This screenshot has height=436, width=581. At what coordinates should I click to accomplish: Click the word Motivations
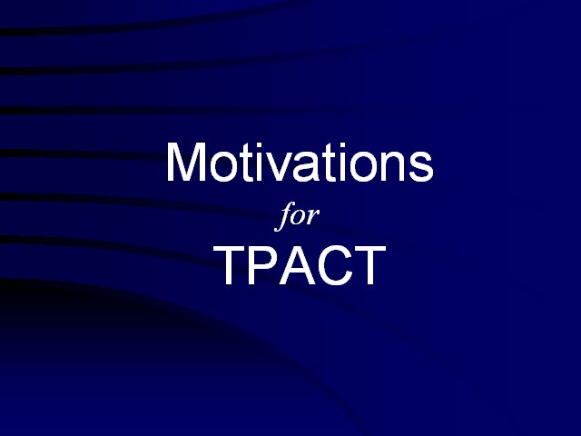tap(300, 163)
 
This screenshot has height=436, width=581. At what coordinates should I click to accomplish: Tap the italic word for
tap(297, 216)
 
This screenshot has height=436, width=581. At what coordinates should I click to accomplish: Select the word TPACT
tap(300, 265)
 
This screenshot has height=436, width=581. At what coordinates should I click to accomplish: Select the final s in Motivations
tap(421, 167)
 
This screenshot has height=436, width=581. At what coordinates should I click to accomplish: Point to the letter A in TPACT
tap(298, 265)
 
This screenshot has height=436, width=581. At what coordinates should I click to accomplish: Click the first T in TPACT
tap(229, 265)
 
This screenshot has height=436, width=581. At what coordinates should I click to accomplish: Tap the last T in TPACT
tap(370, 265)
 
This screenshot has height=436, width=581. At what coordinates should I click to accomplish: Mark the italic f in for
tap(285, 216)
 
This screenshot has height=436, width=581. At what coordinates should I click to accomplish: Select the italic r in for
tap(313, 217)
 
